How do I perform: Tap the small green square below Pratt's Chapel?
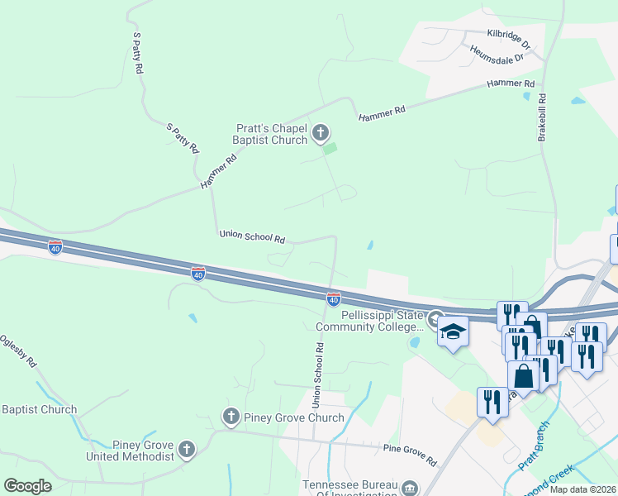coord(330,149)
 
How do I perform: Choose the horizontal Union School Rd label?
coord(252,237)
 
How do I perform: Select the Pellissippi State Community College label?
coord(369,321)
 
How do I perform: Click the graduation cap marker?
coord(452,332)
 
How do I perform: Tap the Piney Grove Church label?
coord(293,417)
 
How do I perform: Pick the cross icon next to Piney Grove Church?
coord(231,416)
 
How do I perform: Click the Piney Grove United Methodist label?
coord(130,450)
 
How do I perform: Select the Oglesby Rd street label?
coord(18,351)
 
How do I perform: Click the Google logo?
coord(27,486)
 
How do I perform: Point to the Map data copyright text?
coord(582,489)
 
